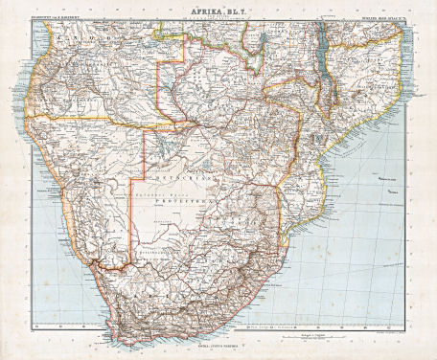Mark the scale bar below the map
pyautogui.click(x=287, y=331)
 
